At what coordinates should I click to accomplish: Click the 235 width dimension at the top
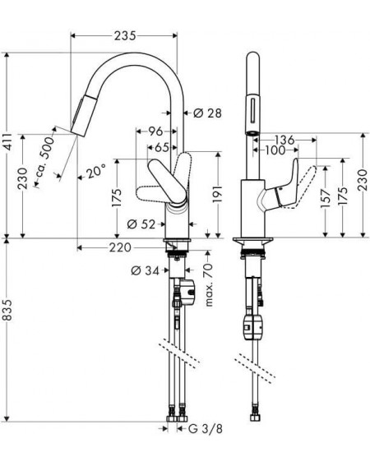[x=125, y=35]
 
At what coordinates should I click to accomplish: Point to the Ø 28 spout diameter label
[x=207, y=113]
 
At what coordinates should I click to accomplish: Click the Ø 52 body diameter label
[x=141, y=224]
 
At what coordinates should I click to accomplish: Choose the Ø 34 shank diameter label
[x=146, y=270]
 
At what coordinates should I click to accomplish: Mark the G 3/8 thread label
[x=206, y=429]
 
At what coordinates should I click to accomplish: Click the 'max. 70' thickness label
[x=209, y=285]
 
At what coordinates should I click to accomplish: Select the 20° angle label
[x=95, y=172]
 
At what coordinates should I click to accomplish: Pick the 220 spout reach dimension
[x=120, y=247]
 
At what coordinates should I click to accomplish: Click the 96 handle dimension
[x=155, y=131]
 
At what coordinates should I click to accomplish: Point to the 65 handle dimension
[x=163, y=147]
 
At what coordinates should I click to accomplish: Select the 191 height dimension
[x=218, y=194]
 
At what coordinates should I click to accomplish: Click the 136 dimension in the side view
[x=284, y=140]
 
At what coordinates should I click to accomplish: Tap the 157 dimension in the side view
[x=326, y=198]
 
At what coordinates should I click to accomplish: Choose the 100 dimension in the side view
[x=275, y=150]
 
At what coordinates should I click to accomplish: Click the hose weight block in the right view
[x=252, y=327]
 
